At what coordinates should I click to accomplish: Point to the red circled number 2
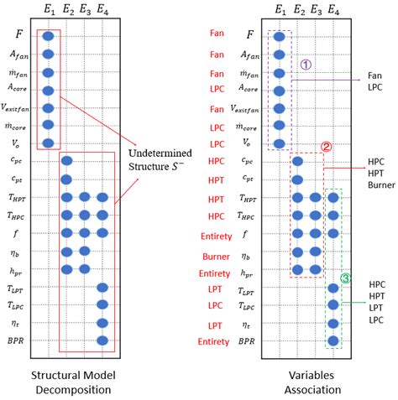(x=326, y=145)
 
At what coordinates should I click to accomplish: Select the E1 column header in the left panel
(x=48, y=11)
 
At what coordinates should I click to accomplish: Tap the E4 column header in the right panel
(x=333, y=11)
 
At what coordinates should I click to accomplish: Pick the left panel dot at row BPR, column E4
(x=102, y=341)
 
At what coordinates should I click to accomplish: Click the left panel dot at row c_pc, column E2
(x=66, y=161)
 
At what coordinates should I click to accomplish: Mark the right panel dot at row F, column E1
(x=279, y=36)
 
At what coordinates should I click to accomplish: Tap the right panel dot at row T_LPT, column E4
(x=333, y=288)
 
